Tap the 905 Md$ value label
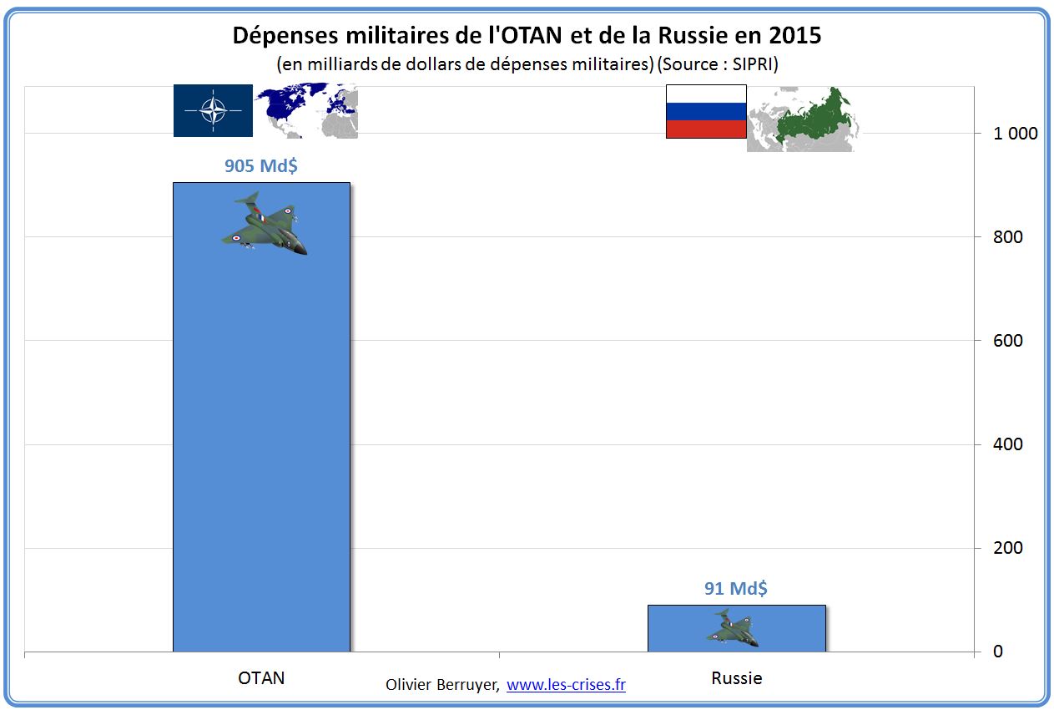261,165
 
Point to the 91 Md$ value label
736,588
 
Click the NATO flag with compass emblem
213,110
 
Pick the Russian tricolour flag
705,111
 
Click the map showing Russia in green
801,118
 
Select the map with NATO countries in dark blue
307,110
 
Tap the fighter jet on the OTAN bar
265,223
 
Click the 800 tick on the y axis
1007,237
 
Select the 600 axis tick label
1007,341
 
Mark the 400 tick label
1007,444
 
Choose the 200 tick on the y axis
1007,548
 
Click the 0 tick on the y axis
997,652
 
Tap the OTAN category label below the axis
261,677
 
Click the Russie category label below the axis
736,677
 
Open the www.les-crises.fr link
566,685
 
